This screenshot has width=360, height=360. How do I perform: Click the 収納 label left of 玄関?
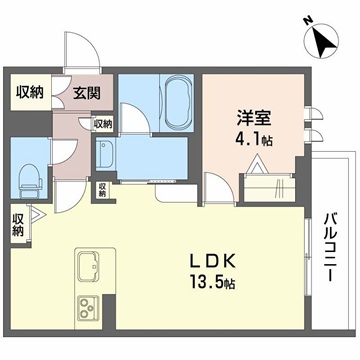pyautogui.click(x=30, y=93)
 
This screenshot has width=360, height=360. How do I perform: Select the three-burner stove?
pyautogui.click(x=88, y=306)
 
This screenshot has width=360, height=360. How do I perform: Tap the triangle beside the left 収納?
pyautogui.click(x=36, y=213)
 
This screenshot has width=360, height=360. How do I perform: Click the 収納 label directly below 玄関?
pyautogui.click(x=103, y=124)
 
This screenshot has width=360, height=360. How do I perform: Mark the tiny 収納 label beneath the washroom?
pyautogui.click(x=102, y=188)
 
